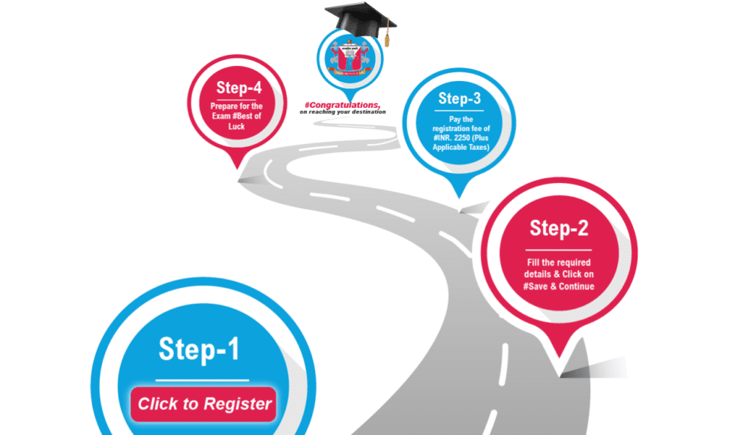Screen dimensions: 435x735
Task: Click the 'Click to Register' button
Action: coord(204,403)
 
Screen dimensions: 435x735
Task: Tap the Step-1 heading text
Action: coord(199,349)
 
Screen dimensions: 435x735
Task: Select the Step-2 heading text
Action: coord(559,228)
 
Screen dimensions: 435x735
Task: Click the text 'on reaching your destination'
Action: coord(342,112)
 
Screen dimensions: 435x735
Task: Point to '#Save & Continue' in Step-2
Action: coord(559,286)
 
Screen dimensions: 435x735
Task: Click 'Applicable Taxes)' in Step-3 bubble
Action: coord(459,148)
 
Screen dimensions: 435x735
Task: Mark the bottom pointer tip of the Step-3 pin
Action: coord(459,196)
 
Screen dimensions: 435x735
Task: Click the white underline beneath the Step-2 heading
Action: coord(559,249)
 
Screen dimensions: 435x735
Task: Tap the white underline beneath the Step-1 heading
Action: coord(202,379)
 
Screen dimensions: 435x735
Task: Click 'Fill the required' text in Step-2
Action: coord(559,262)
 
